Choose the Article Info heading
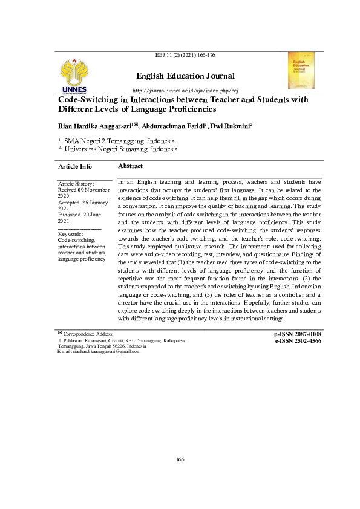[74, 166]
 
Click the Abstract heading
[130, 166]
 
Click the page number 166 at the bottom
[180, 460]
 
